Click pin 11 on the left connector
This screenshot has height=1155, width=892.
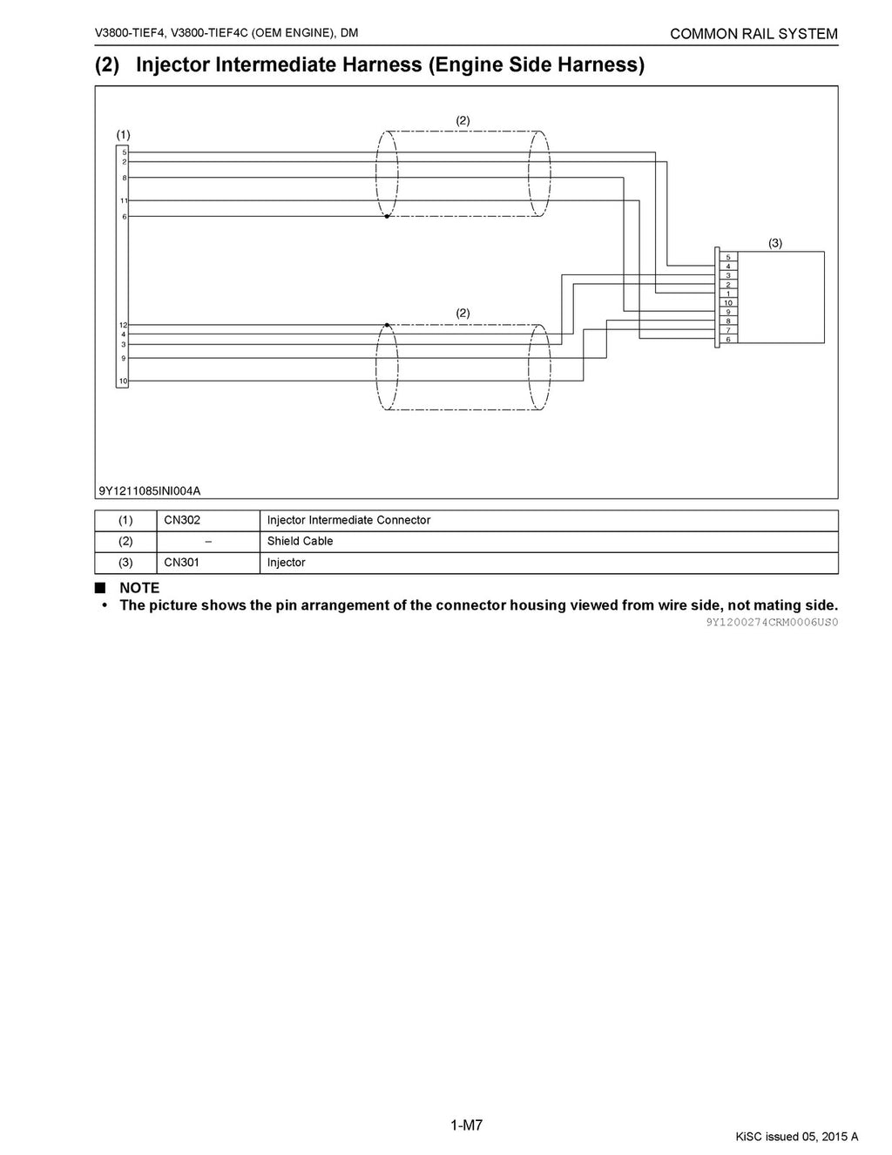click(x=124, y=200)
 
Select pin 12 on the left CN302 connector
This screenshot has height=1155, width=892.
click(x=123, y=325)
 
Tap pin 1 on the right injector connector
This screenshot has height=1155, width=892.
click(x=727, y=294)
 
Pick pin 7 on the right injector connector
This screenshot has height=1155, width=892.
click(x=727, y=330)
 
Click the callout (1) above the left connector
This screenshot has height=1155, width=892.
click(x=124, y=134)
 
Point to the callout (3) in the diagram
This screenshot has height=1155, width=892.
click(x=775, y=244)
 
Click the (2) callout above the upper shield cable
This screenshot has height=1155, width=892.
click(x=463, y=120)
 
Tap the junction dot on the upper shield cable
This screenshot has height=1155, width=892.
click(x=387, y=216)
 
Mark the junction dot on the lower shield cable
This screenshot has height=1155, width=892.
click(x=387, y=325)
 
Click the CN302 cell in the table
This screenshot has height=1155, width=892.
click(x=182, y=520)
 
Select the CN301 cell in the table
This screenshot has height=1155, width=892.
click(x=182, y=562)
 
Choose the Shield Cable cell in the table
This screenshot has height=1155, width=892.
click(x=300, y=541)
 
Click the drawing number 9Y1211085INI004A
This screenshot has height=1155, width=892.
click(x=150, y=490)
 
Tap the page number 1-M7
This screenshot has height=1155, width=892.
click(x=466, y=1125)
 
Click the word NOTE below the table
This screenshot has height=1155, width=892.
click(x=139, y=588)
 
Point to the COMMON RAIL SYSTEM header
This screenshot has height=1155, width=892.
click(x=753, y=34)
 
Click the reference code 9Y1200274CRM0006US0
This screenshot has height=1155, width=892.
click(x=772, y=622)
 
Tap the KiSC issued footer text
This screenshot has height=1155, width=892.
click(x=796, y=1136)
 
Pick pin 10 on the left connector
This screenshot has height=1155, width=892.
click(x=123, y=382)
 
